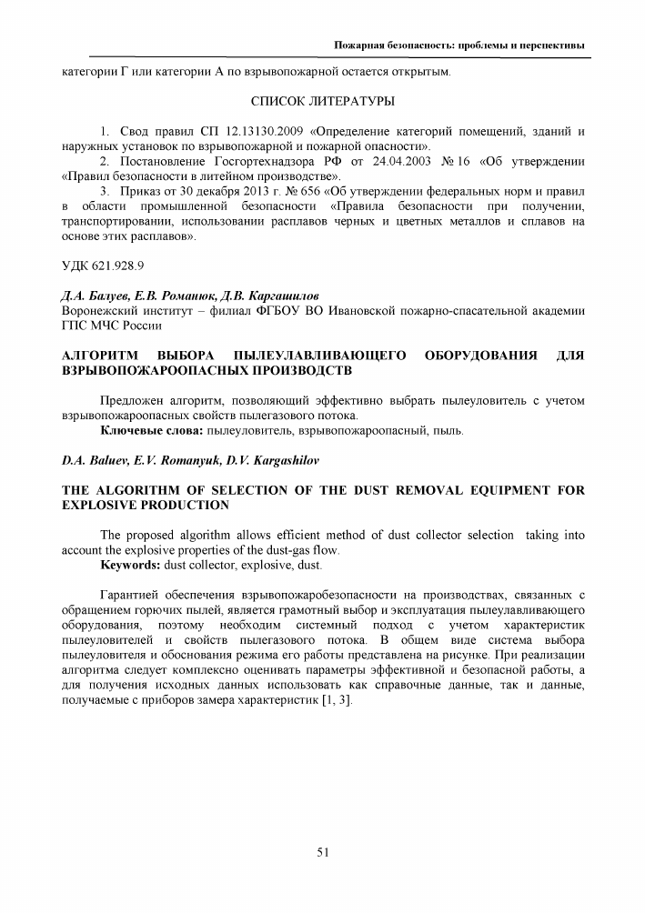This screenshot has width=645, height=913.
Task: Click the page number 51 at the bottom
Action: click(322, 852)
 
